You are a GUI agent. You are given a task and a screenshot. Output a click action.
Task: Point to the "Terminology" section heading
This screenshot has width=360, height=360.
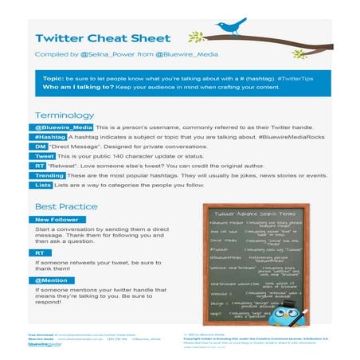[65, 115]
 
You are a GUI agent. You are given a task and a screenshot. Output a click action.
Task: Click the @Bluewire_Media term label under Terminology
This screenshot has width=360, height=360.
[64, 128]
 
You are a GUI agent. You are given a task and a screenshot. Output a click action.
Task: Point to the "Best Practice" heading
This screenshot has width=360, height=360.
[66, 207]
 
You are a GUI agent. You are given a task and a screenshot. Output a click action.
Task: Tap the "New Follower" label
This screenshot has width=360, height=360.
[58, 220]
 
